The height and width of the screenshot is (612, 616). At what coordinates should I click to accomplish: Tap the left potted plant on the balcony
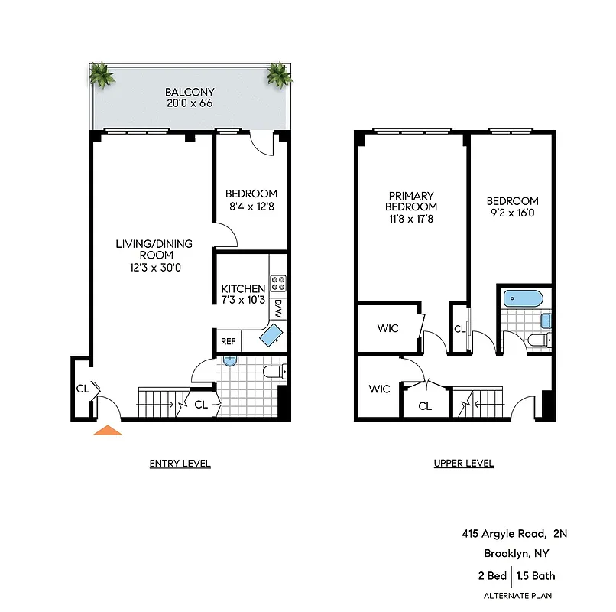point(102,75)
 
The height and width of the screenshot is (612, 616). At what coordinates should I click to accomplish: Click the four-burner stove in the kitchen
point(277,284)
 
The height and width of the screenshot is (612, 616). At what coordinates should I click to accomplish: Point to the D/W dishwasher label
point(278,308)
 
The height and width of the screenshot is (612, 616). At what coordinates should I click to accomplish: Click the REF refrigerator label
point(229,342)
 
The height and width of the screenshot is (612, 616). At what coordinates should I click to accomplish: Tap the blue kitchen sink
point(271,334)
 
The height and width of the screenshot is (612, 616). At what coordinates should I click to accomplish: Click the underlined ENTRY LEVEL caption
point(180,464)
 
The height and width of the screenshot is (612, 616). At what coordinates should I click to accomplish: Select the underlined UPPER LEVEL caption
point(463,464)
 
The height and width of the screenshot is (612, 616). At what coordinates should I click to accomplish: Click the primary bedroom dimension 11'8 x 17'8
point(411,219)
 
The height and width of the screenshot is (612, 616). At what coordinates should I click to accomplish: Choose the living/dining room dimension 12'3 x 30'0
point(154,268)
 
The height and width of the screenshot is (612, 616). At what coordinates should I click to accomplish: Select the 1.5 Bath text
point(537,576)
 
